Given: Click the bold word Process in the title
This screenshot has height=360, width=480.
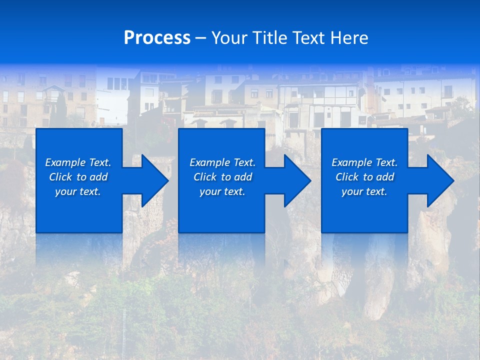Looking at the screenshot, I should click(x=157, y=38).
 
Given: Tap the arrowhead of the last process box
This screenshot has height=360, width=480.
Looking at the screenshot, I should click(x=439, y=180).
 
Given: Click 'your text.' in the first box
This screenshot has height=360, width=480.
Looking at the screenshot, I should click(x=78, y=191).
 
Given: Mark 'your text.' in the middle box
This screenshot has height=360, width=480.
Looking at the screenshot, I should click(x=222, y=191).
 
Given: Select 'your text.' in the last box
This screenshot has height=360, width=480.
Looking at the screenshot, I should click(x=364, y=191).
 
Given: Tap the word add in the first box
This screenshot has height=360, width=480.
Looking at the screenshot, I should click(x=99, y=177).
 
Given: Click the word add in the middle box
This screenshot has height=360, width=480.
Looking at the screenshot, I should click(x=243, y=177).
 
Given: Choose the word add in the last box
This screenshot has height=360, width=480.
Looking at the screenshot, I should click(x=385, y=177).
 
